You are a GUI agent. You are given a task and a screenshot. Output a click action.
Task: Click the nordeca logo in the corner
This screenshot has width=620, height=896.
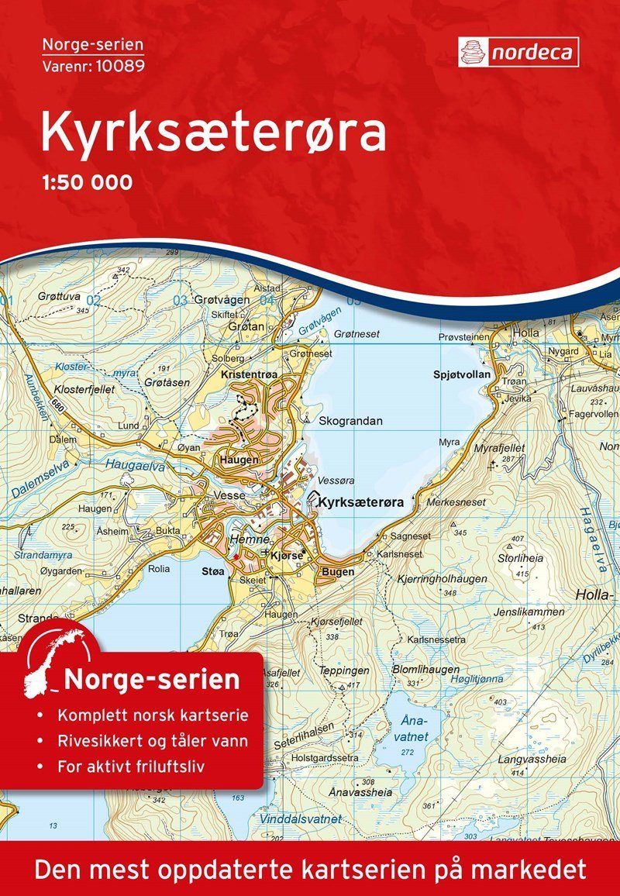(518, 51)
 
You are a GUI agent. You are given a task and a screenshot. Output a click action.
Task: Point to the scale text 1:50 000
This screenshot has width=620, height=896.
(86, 183)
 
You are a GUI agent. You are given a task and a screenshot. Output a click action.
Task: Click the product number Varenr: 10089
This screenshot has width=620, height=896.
(93, 64)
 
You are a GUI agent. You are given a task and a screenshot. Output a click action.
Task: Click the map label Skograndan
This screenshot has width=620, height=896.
(351, 421)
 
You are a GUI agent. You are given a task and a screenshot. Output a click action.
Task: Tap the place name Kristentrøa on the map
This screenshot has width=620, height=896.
(248, 374)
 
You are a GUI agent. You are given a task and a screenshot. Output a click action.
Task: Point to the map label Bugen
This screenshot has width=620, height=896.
(337, 572)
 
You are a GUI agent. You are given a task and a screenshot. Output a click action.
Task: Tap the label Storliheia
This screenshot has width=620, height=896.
(520, 557)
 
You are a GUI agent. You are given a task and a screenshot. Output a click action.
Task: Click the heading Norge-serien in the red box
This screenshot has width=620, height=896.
(151, 680)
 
